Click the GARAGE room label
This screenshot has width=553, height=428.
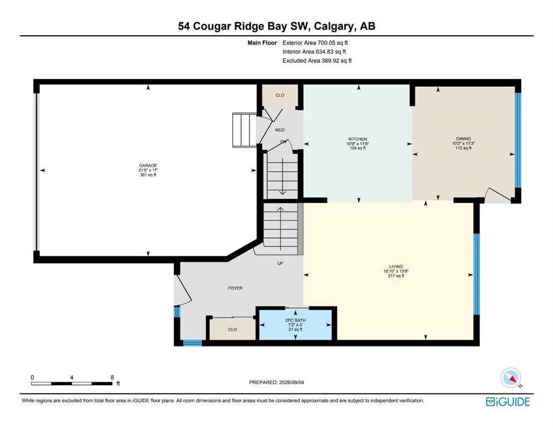[x=148, y=166]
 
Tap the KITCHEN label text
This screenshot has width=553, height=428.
[x=358, y=139]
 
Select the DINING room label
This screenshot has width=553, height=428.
[x=463, y=139]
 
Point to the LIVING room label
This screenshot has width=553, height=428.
[x=396, y=266]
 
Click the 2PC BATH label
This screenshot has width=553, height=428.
[x=296, y=320]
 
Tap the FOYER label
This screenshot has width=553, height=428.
[x=235, y=288]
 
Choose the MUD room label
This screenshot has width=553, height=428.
[x=280, y=130]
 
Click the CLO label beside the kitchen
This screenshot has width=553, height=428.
[x=280, y=95]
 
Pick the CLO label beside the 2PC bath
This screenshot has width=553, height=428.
[x=232, y=329]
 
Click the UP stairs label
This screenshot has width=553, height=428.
[x=280, y=263]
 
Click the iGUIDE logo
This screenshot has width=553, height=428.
[x=508, y=402]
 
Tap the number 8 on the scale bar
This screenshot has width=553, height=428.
[x=112, y=377]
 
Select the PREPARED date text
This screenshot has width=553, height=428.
[x=276, y=382]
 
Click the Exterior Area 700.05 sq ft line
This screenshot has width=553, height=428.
[x=315, y=43]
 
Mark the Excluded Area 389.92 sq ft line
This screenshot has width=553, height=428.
[x=317, y=60]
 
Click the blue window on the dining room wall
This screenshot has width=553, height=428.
[x=518, y=140]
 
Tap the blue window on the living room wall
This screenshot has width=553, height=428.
[x=477, y=274]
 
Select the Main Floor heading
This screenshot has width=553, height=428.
[x=262, y=43]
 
